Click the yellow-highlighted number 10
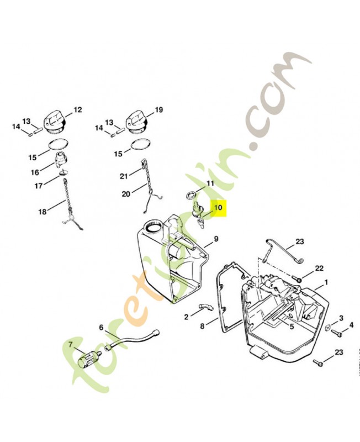coord(218,208)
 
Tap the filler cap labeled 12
coord(55,124)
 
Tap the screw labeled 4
coord(337,334)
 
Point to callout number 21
coord(124,176)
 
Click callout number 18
coord(43,211)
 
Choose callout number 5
coord(292,327)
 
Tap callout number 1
coord(326,282)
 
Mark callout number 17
coord(38,186)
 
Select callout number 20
coord(126,194)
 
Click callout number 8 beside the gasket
coord(202,326)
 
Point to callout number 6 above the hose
coord(102,327)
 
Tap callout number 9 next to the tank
coord(216,239)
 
